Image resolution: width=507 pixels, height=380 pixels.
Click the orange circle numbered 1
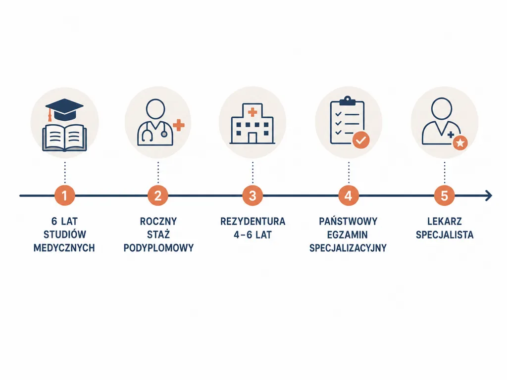pos(65,195)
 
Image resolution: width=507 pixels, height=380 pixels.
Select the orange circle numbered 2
pos(158,195)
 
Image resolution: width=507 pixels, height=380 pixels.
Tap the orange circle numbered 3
pos(253,195)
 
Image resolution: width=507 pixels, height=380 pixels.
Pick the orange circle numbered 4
pos(348,195)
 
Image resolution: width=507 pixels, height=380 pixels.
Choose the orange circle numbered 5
pos(444,195)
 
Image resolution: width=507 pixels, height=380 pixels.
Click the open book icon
pos(65,138)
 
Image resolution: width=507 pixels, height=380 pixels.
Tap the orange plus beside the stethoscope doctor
pos(178,125)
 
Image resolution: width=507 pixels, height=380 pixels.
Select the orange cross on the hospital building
pos(252,112)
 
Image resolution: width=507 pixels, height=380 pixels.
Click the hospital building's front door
pos(252,138)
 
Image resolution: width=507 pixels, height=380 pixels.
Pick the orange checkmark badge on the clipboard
pos(361,140)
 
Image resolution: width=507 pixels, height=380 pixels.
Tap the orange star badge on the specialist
pos(460,142)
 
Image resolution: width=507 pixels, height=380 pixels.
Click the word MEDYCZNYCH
pos(64,248)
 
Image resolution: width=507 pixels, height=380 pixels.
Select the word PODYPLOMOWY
pos(158,248)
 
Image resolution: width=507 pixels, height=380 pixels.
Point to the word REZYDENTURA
pos(253,221)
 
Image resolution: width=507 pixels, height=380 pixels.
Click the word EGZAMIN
pos(348,235)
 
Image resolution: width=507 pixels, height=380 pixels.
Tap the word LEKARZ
pos(445,221)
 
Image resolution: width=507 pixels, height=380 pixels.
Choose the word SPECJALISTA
pos(445,235)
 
